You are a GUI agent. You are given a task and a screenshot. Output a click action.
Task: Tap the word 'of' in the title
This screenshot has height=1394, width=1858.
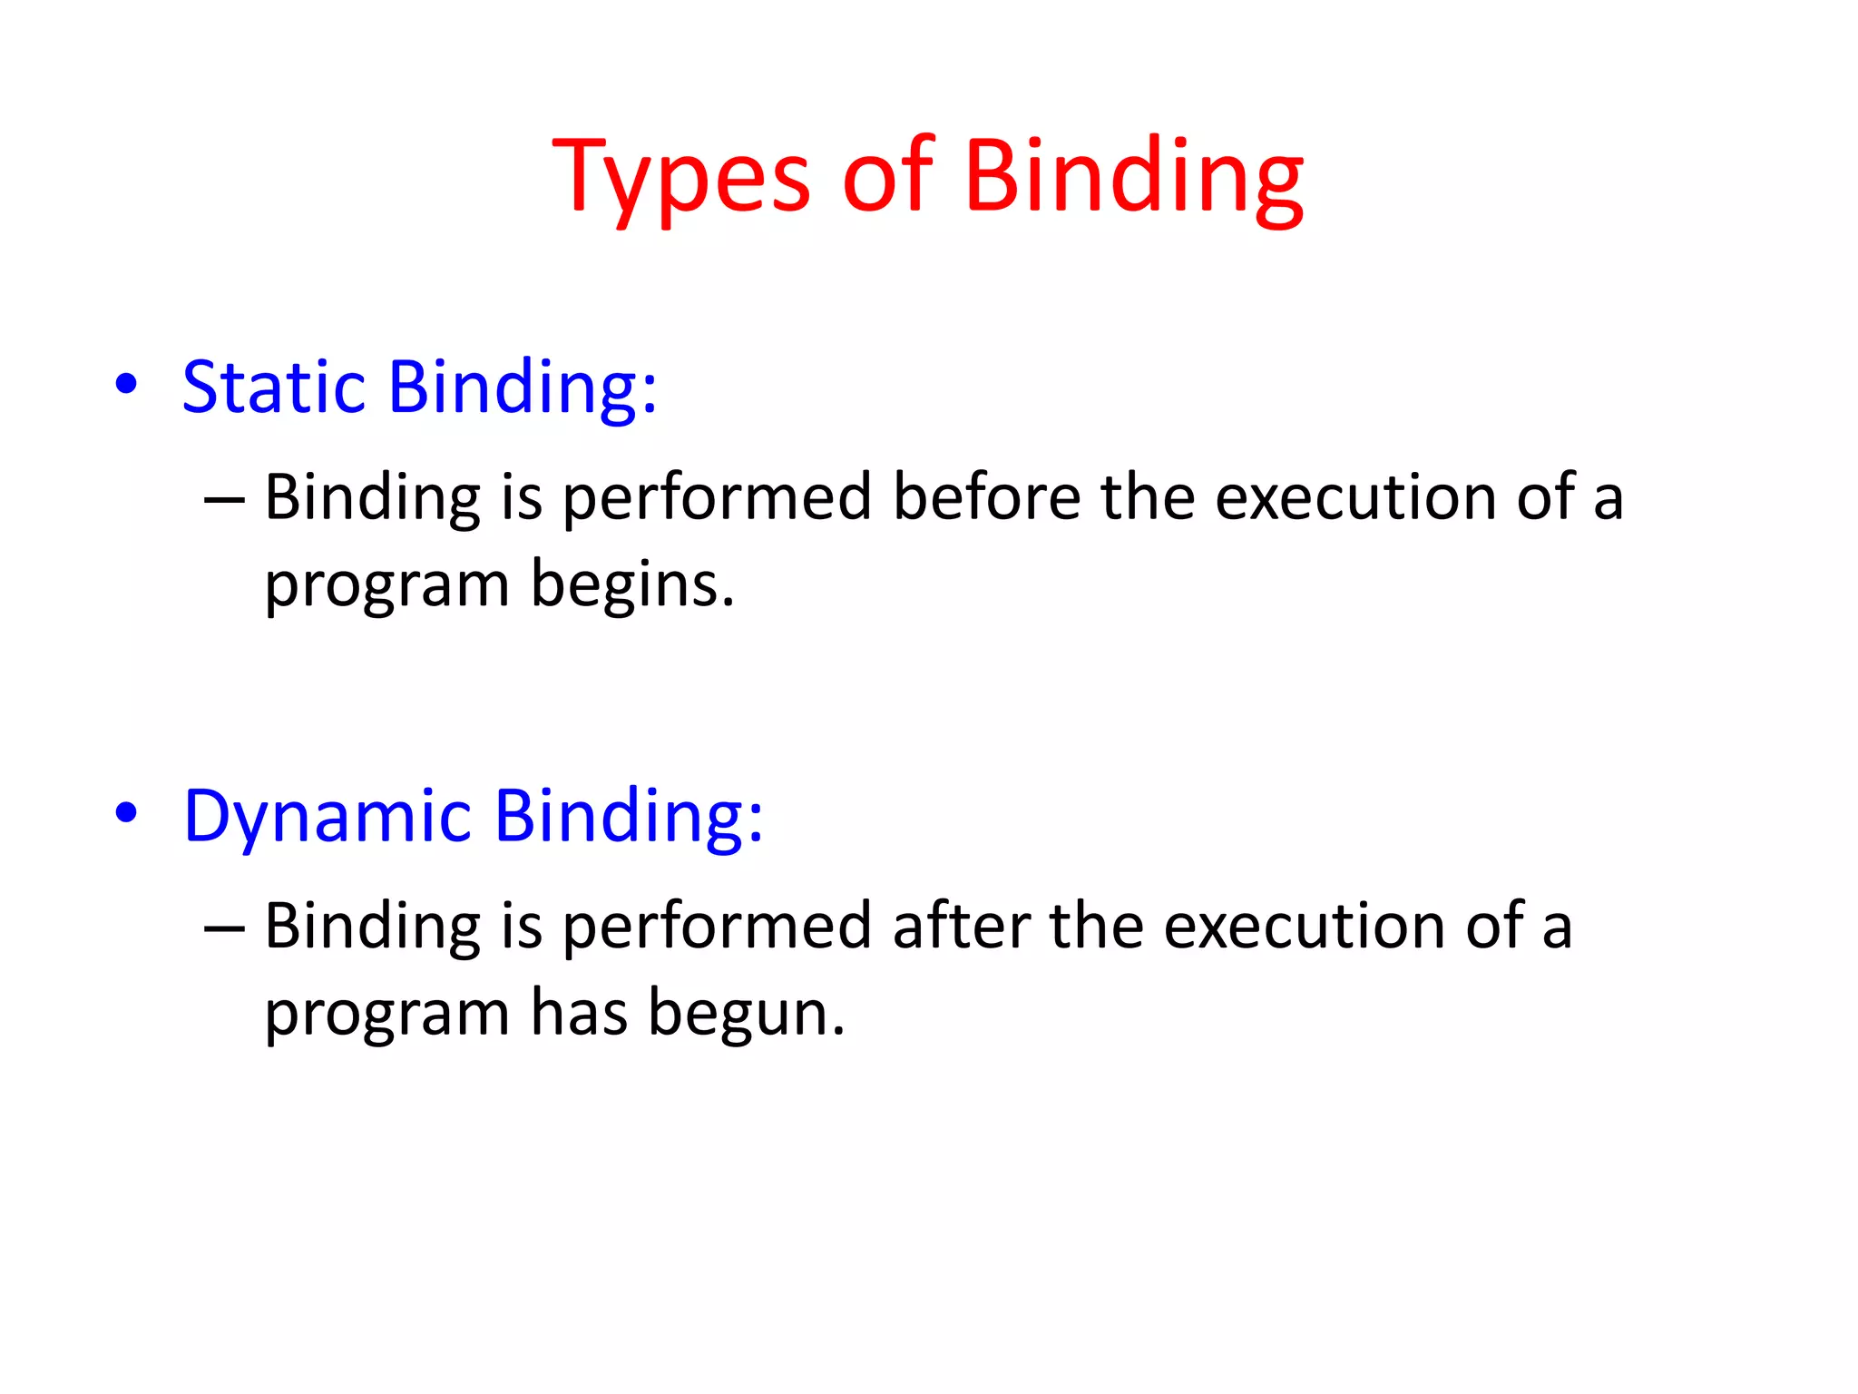click(886, 177)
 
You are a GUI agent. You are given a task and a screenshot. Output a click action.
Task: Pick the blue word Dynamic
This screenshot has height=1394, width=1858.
click(328, 817)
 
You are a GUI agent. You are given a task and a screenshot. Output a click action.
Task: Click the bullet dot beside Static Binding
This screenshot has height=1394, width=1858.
click(127, 385)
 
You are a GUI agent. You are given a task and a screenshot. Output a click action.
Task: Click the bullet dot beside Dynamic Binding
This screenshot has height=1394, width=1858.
click(127, 813)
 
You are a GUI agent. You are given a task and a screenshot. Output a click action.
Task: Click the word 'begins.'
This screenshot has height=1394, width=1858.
click(632, 585)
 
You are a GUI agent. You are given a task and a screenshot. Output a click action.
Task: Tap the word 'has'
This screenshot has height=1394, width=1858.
click(579, 1013)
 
